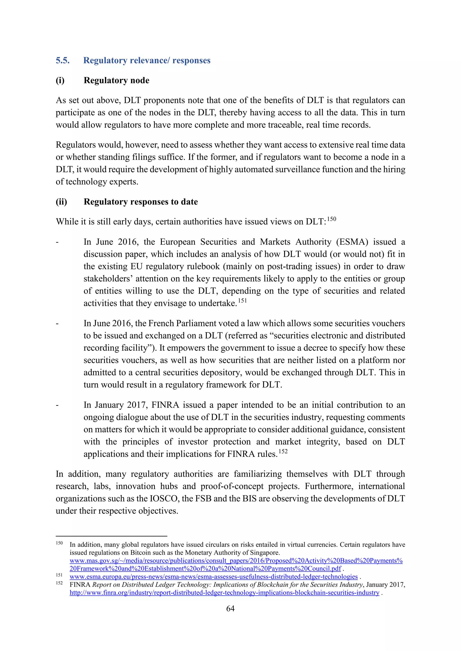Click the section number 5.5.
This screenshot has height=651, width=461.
click(62, 60)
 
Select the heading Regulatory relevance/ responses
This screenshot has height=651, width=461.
click(147, 60)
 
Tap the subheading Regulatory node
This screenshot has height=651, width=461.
click(116, 80)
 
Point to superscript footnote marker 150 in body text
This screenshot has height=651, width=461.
click(331, 219)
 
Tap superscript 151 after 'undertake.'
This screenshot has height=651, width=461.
click(242, 301)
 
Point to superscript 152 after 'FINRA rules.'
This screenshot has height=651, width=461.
click(283, 452)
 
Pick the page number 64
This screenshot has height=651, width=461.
click(230, 608)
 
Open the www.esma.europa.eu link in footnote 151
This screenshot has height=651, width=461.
click(213, 577)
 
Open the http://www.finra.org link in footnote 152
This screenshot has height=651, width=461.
click(224, 593)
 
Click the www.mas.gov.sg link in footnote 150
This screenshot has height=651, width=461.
click(236, 561)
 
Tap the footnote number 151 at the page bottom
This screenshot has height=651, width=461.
click(59, 575)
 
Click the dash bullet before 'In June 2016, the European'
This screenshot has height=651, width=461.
click(57, 242)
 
